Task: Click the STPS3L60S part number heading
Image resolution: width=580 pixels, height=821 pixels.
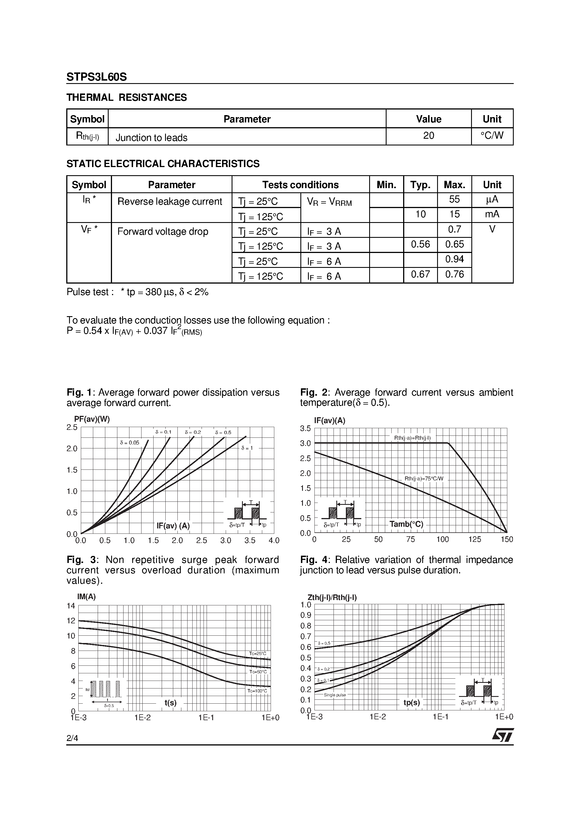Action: (97, 77)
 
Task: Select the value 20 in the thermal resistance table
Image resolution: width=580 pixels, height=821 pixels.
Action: (428, 136)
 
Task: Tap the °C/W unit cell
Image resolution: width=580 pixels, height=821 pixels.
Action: (492, 136)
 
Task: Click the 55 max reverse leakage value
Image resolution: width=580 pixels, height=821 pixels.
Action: (454, 199)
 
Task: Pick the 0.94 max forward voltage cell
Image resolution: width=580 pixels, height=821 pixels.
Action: (454, 259)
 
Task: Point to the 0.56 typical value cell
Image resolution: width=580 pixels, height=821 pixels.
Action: (420, 244)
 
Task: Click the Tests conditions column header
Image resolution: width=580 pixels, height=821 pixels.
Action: (300, 185)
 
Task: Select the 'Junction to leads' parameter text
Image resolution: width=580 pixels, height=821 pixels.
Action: (151, 138)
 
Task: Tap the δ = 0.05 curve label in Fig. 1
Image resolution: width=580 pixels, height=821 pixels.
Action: (129, 443)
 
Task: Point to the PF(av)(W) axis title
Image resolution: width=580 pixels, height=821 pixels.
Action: (92, 419)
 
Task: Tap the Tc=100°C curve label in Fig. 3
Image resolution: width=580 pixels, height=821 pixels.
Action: (257, 691)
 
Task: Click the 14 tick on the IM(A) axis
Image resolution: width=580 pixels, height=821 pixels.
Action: (71, 606)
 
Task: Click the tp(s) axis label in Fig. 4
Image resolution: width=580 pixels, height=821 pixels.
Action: (412, 703)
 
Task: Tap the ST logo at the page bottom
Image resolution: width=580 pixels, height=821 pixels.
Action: (503, 735)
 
